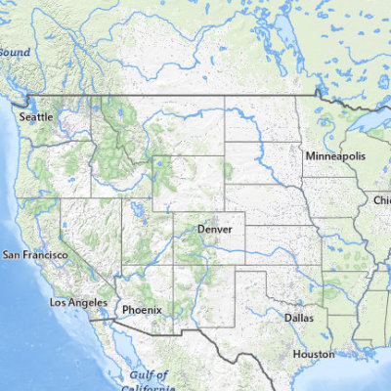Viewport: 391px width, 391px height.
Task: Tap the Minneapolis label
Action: [x=335, y=156]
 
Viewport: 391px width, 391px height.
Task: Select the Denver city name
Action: [x=215, y=229]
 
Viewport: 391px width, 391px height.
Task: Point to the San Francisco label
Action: [x=36, y=255]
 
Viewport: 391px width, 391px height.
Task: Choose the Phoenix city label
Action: [x=141, y=310]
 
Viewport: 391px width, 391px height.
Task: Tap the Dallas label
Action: [x=299, y=318]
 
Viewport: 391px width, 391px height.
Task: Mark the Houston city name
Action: [x=314, y=354]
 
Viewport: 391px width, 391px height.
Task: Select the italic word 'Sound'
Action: [x=16, y=52]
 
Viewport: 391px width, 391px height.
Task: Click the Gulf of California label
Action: [x=150, y=381]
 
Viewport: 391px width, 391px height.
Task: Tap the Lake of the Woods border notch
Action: [x=319, y=94]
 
